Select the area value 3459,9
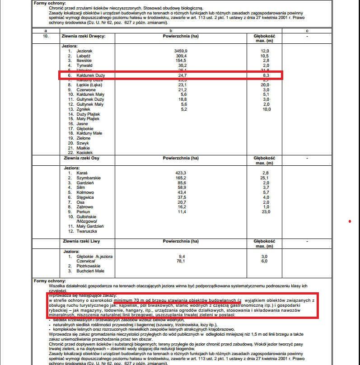pos(181,51)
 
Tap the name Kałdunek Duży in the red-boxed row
pos(91,75)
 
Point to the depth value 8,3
pos(266,75)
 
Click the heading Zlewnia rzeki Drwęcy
pos(83,36)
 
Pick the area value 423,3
pos(181,173)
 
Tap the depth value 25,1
pos(266,178)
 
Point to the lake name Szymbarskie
pos(89,178)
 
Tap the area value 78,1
pos(181,261)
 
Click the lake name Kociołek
pos(85,153)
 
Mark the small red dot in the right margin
pos(350,221)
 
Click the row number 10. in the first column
pos(45,36)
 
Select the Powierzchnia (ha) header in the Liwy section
pos(181,242)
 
